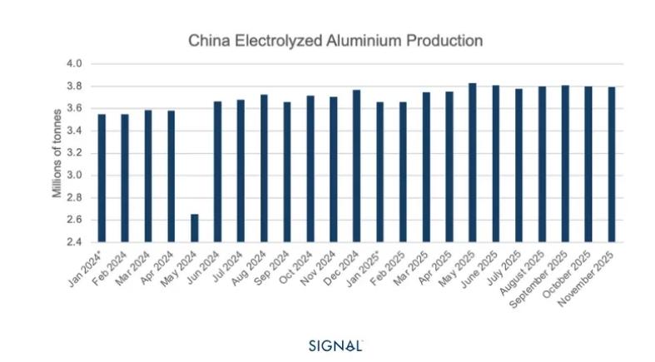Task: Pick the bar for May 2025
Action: [x=472, y=162]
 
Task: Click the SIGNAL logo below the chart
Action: [x=336, y=345]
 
